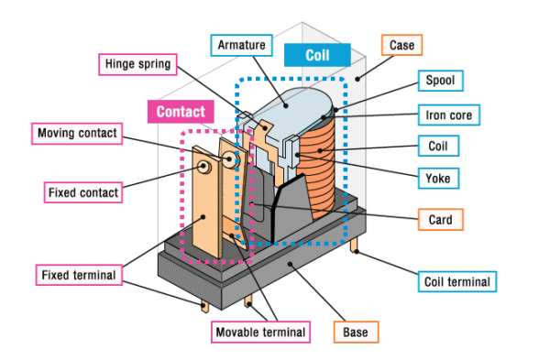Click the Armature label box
click(x=241, y=44)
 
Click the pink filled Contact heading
click(x=180, y=112)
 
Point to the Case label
click(x=401, y=44)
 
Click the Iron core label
click(x=450, y=115)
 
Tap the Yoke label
click(x=438, y=178)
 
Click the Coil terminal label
click(x=456, y=281)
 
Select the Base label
click(x=356, y=330)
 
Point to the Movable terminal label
click(x=260, y=330)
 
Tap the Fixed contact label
click(x=82, y=193)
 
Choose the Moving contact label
click(x=77, y=134)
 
